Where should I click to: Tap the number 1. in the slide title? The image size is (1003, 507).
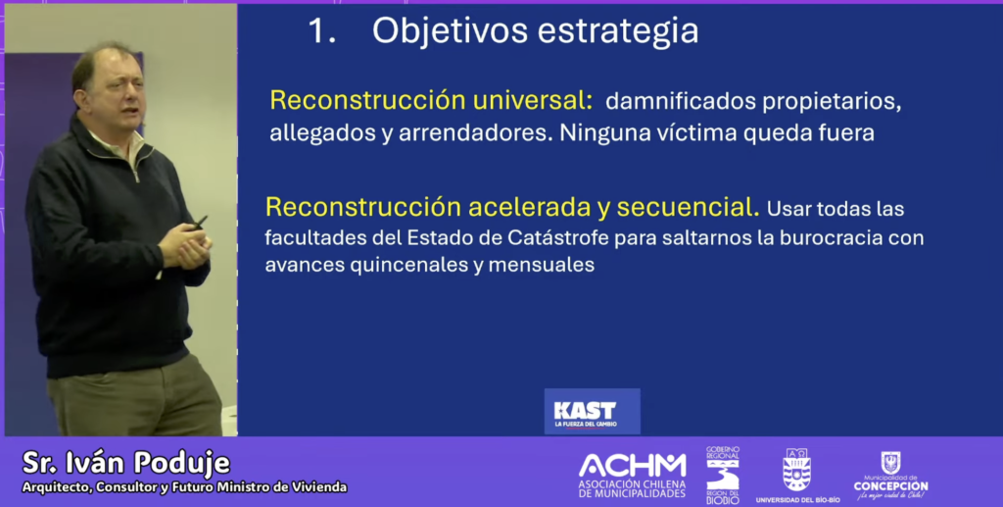[321, 30]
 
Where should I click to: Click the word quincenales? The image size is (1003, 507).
[406, 265]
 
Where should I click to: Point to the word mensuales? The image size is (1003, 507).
[541, 265]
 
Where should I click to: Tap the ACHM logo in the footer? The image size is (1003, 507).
[632, 475]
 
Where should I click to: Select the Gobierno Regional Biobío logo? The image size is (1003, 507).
[723, 475]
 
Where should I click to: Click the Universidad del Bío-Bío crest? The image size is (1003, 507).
[797, 470]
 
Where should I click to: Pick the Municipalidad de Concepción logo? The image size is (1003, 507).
[890, 476]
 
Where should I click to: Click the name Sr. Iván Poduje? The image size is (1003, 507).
[126, 463]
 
